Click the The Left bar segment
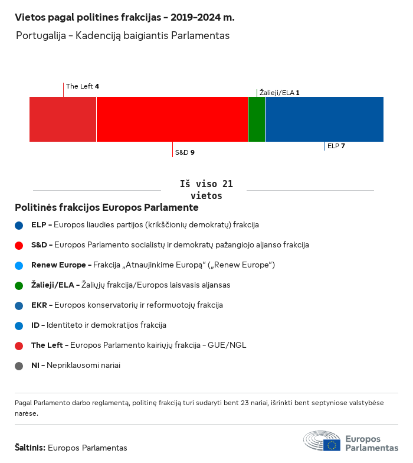[63, 119]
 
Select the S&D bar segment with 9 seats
[172, 119]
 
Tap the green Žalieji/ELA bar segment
[257, 119]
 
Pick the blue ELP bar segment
[324, 119]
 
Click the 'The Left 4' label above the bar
[83, 86]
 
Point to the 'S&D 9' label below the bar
[185, 152]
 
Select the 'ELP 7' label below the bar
[336, 146]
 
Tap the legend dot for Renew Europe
[19, 265]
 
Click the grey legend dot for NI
[19, 366]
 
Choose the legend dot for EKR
[19, 305]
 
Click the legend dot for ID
[19, 325]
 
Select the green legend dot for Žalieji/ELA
[19, 285]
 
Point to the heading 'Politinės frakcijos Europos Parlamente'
[107, 208]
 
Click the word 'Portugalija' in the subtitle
[41, 35]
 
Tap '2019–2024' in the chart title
[188, 18]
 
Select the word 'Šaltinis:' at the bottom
[30, 448]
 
